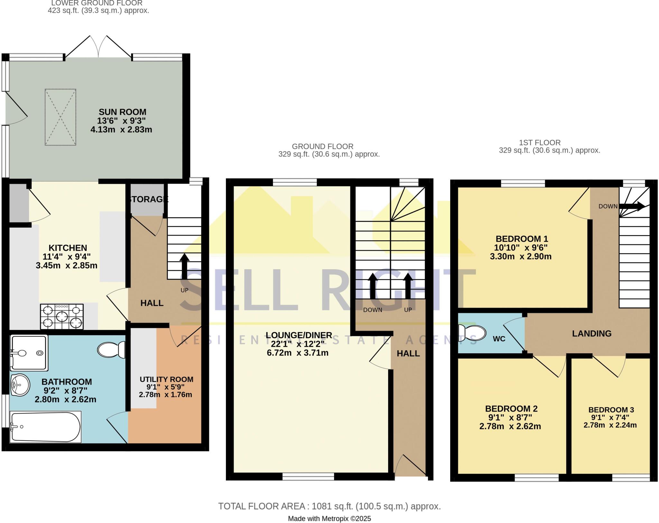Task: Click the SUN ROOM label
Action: [122, 112]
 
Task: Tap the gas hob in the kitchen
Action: [62, 317]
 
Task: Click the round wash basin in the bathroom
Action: [20, 385]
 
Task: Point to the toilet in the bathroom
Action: [111, 349]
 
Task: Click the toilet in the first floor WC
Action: [472, 333]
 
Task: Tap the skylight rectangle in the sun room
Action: [60, 117]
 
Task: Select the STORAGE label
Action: [148, 199]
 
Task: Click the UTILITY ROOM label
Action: [166, 379]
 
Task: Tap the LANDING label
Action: [591, 334]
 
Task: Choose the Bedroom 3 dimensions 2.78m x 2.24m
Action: [610, 425]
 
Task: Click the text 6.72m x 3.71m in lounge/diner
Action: [297, 353]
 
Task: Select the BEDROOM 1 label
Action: [522, 239]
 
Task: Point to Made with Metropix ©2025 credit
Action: [329, 518]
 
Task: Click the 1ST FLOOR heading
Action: [540, 143]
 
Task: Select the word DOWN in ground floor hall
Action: [373, 310]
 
